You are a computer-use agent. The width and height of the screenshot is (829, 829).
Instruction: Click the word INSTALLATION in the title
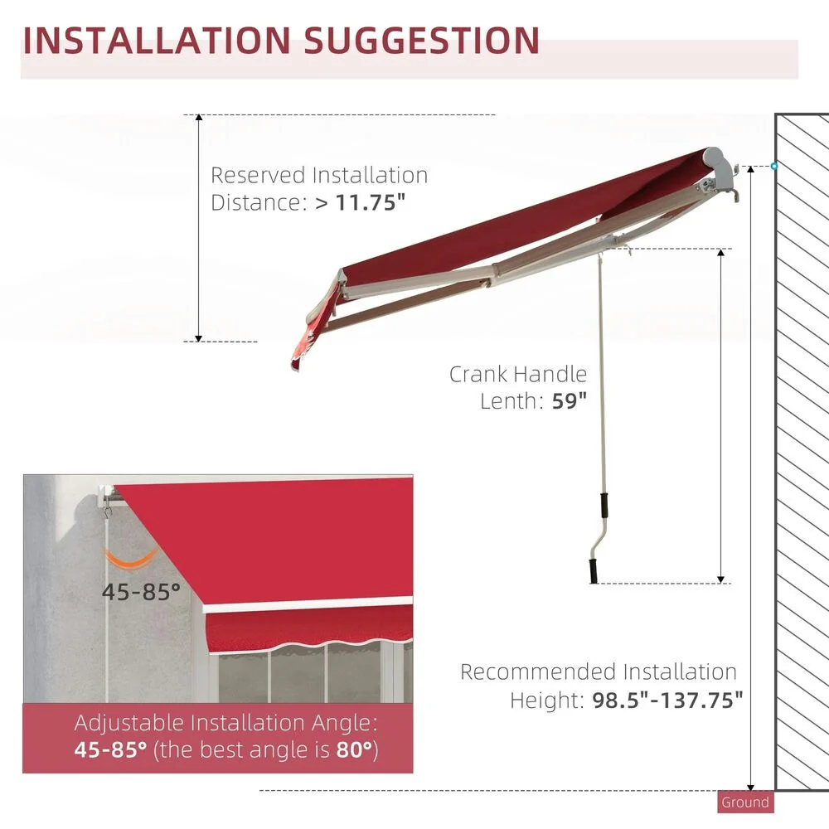click(x=157, y=41)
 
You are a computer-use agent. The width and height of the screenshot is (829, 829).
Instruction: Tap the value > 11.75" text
click(x=361, y=202)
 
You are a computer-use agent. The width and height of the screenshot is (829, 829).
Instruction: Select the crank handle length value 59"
click(x=569, y=401)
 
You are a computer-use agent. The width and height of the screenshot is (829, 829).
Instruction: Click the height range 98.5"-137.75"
click(x=667, y=701)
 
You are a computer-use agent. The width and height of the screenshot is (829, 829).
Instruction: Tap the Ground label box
click(x=744, y=802)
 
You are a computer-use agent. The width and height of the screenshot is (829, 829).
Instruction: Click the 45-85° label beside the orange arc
click(x=141, y=591)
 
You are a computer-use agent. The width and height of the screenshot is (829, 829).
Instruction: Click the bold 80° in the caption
click(x=352, y=750)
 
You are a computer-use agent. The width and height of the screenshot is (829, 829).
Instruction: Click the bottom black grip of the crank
click(x=594, y=571)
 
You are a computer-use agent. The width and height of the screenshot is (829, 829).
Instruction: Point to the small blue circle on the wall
click(x=773, y=167)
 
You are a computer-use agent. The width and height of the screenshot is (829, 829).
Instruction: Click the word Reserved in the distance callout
click(x=258, y=176)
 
